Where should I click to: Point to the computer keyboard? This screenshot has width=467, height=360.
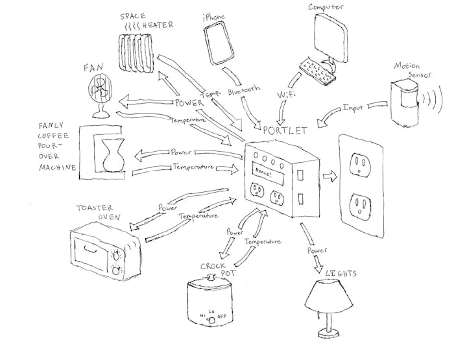[318, 71]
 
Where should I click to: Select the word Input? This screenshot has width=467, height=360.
[353, 107]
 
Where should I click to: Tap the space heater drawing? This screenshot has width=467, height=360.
[138, 50]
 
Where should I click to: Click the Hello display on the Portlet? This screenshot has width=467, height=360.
[262, 172]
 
